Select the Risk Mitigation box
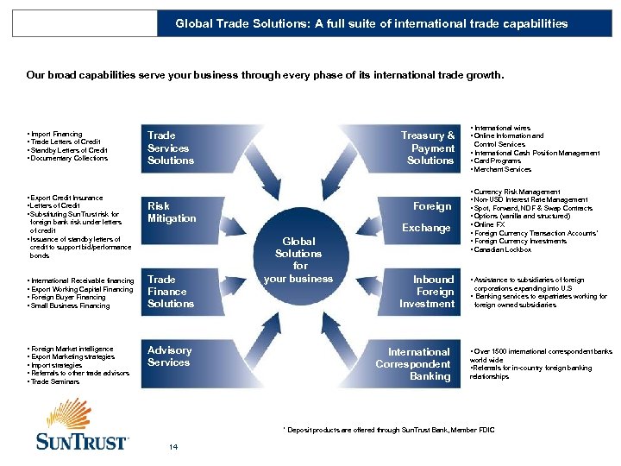172,212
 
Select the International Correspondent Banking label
418,363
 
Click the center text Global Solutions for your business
298,260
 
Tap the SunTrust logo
81,427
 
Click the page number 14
174,446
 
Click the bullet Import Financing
56,134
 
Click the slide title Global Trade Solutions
372,23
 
